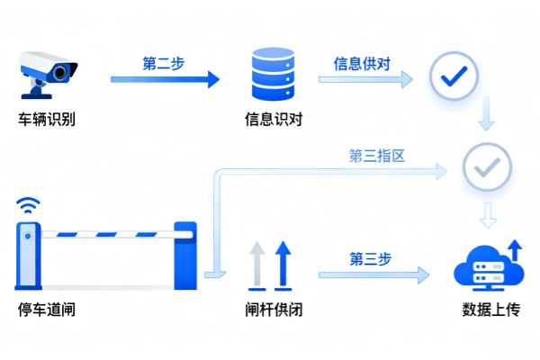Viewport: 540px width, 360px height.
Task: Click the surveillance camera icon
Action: coord(49,72)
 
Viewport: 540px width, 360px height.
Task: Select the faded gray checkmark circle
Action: coord(486,166)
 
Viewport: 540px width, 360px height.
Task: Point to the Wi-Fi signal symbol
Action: coord(28,205)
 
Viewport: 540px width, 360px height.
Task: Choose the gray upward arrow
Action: coord(256,263)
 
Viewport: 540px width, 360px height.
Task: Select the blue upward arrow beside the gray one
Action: coord(282,263)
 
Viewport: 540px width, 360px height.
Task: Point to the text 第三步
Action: coord(370,258)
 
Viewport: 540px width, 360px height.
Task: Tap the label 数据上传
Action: coord(490,310)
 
